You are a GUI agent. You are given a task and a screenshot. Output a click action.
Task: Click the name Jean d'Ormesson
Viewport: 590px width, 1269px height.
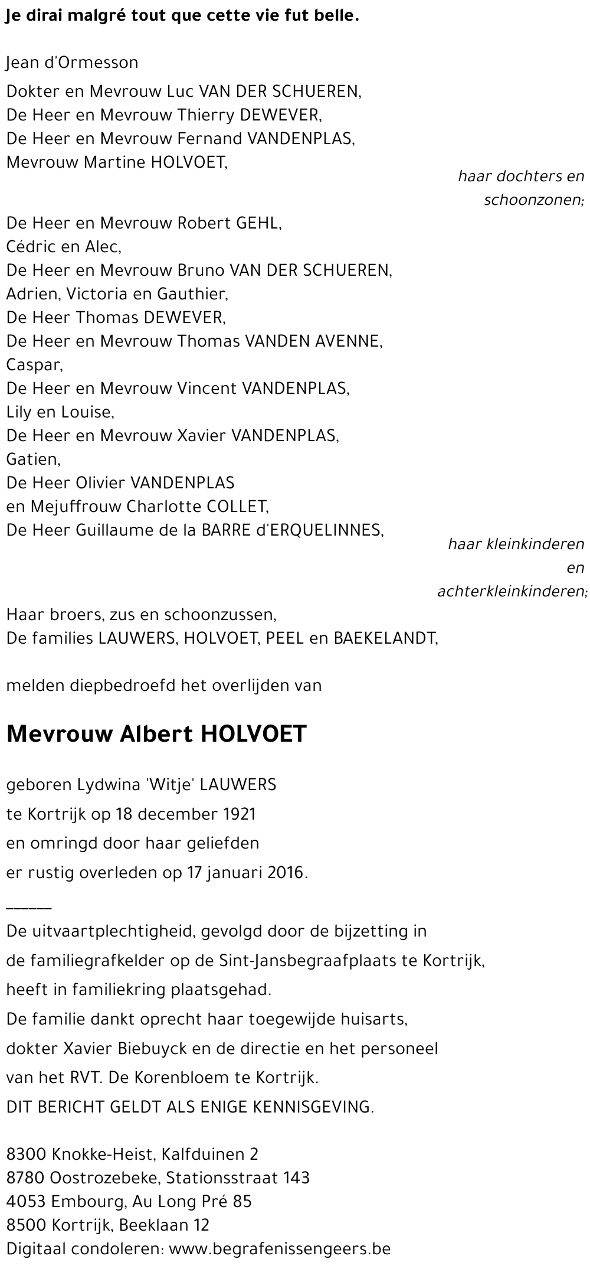click(73, 63)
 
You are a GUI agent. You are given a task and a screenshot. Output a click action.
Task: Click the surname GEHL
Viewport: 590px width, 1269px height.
click(258, 223)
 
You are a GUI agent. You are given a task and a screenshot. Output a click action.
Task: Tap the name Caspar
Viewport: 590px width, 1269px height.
click(34, 365)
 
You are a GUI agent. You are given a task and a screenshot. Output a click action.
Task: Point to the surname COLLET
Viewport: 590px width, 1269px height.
click(236, 507)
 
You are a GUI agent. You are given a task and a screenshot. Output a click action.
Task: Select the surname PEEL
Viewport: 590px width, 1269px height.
click(286, 638)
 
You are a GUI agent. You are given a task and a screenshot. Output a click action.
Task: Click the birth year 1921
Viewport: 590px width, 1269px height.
click(240, 814)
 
